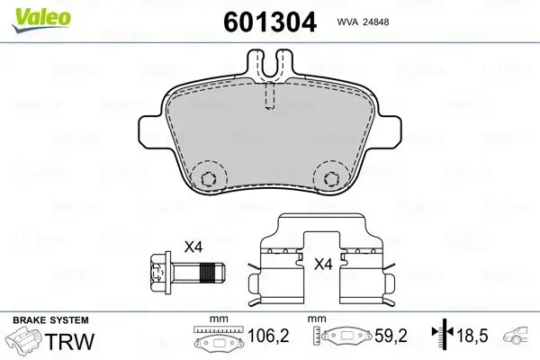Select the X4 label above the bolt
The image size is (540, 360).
[193, 247]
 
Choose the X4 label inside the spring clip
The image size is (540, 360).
[322, 265]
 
